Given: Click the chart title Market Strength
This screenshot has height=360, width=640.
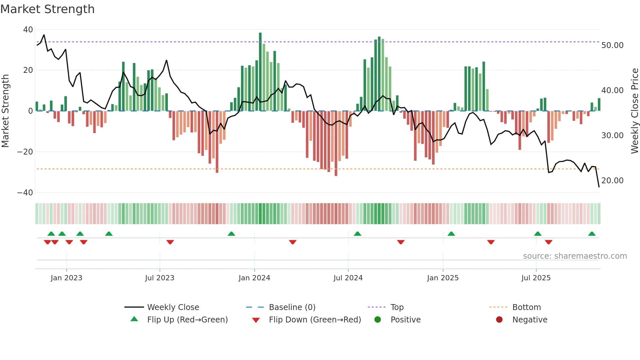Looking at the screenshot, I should coord(47,9).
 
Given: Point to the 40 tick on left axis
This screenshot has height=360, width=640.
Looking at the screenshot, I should coord(28,30).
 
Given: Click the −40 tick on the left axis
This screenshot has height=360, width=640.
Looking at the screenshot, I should coord(25,193).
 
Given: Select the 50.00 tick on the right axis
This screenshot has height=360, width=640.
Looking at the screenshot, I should coord(612,45).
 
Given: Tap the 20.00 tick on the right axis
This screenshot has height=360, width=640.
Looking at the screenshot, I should coord(612,181).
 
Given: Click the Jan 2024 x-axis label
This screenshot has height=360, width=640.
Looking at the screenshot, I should coord(254,278).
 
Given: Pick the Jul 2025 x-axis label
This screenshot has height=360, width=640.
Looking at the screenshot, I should coord(536,278).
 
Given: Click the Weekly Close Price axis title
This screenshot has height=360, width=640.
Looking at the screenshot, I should coord(634,111).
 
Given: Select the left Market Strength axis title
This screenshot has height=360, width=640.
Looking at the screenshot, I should coord(6,111).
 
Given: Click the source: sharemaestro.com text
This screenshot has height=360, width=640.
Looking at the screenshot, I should coord(575,256).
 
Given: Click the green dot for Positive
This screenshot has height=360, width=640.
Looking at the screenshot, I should coord(378,320).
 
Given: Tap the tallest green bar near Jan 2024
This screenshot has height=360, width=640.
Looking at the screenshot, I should coord(260,72).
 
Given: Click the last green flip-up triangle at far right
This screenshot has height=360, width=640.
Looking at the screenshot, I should coord(592,234).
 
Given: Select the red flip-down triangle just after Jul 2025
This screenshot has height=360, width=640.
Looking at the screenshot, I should coord(549,242).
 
